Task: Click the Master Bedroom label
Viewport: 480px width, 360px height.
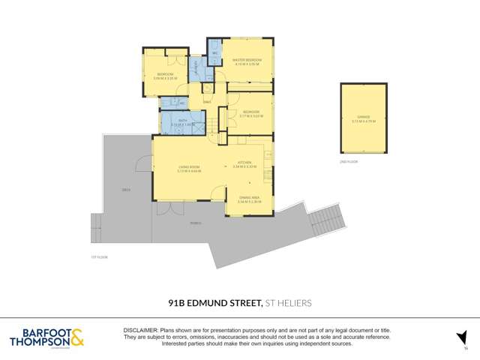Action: pos(247,59)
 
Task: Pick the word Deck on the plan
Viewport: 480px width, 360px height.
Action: pos(126,190)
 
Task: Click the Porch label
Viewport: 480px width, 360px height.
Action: pos(195,223)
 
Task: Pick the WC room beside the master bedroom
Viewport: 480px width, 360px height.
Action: pos(214,53)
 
